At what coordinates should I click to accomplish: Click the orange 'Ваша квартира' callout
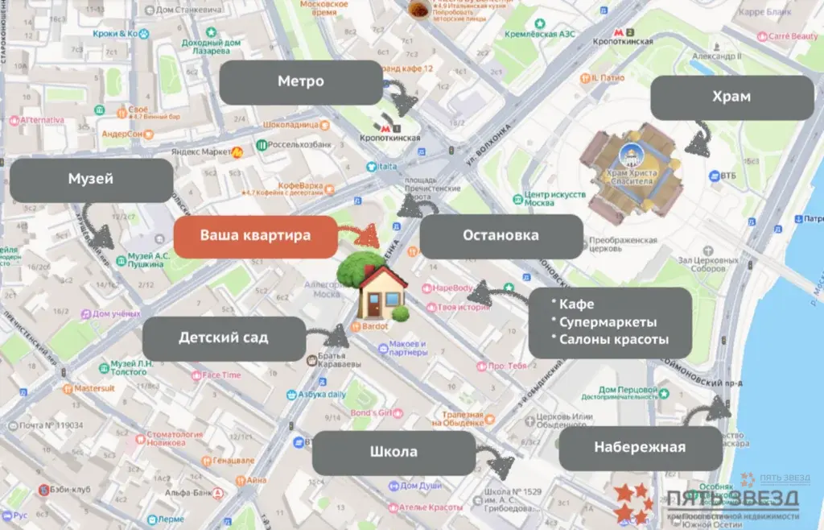(255, 237)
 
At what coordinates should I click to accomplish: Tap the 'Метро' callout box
(301, 81)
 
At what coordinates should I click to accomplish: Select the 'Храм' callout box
(731, 97)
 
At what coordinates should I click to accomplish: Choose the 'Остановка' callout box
(501, 236)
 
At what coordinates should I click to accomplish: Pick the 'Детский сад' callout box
(224, 338)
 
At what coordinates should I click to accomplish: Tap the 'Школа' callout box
(393, 452)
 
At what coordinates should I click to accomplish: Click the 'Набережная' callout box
(640, 448)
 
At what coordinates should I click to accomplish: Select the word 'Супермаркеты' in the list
(609, 321)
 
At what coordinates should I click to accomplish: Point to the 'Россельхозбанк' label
(299, 144)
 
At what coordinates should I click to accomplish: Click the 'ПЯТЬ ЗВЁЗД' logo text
(732, 497)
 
